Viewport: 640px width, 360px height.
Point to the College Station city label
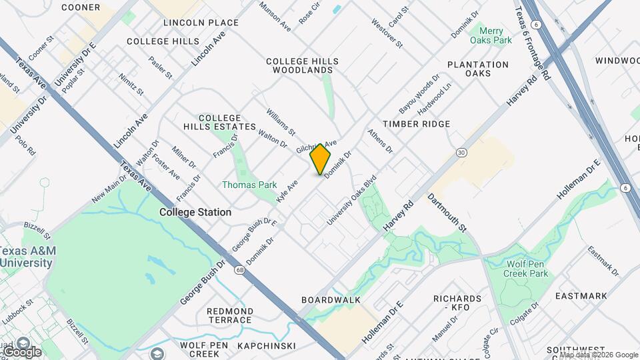pos(195,212)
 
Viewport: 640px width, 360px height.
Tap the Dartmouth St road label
pos(447,213)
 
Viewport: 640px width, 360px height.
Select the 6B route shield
pos(239,270)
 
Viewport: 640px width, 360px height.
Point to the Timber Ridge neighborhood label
pos(417,124)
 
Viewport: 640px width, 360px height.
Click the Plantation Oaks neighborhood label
pos(478,69)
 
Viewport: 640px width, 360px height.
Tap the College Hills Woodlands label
pos(302,65)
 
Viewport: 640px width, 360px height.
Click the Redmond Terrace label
pos(230,315)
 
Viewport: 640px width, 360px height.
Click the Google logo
pos(22,351)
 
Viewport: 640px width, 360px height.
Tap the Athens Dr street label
pos(380,141)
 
